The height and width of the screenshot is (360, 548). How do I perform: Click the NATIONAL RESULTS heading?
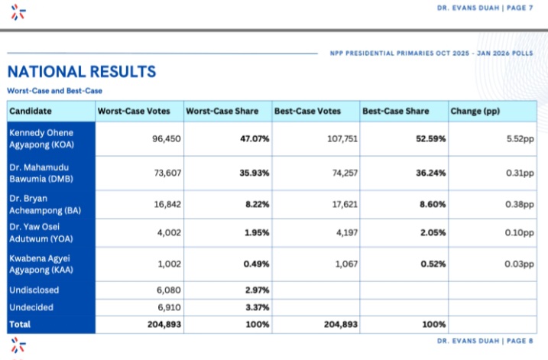click(x=82, y=72)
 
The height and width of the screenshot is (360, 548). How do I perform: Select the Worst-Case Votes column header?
click(x=128, y=111)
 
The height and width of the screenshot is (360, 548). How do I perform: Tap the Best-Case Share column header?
click(x=395, y=111)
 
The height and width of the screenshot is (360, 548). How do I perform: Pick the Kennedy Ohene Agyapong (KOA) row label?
click(x=47, y=138)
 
